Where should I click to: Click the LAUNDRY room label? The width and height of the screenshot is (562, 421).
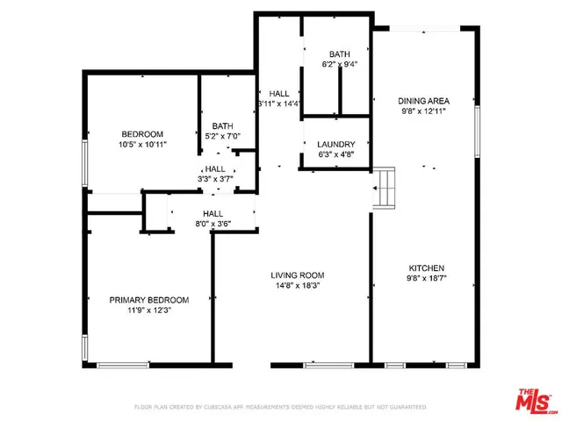point(336,145)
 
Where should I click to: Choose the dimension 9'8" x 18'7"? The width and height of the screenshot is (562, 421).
point(427,280)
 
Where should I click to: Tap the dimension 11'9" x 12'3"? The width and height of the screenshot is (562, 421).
point(147,311)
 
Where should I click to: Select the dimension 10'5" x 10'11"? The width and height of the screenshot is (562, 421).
point(142,144)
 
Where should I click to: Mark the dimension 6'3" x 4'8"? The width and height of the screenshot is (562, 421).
point(336,156)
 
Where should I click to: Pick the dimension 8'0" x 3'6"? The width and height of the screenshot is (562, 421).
point(213,225)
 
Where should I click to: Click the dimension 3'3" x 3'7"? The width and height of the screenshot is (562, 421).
point(215,180)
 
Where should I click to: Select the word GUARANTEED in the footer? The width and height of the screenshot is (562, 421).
point(405,408)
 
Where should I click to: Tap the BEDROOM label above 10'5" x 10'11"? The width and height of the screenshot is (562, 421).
point(142,133)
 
